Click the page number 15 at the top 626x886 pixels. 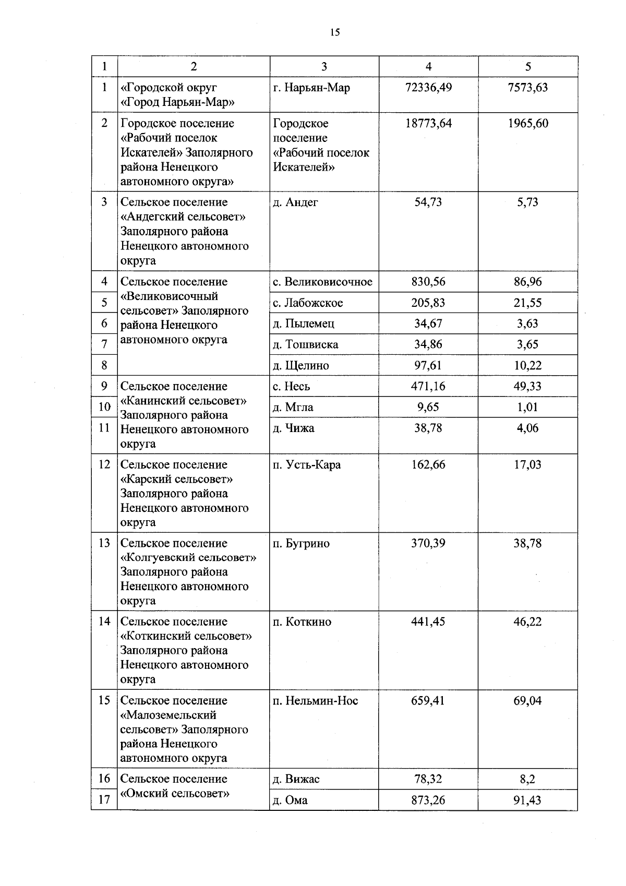click(x=335, y=32)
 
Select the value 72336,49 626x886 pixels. click(x=428, y=87)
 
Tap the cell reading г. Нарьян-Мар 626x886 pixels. click(x=311, y=87)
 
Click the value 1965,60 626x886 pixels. click(x=528, y=124)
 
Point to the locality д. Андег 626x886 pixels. click(x=295, y=202)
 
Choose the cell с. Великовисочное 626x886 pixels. click(x=322, y=282)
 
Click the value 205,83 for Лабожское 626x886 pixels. click(x=428, y=303)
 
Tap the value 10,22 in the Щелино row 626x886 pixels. click(x=528, y=365)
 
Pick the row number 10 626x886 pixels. click(x=104, y=407)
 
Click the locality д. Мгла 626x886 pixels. click(x=293, y=407)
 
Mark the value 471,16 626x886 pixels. click(x=428, y=386)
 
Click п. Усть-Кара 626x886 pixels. click(x=307, y=464)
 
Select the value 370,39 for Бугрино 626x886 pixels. click(x=428, y=543)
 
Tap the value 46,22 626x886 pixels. click(x=528, y=621)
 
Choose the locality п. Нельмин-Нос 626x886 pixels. click(x=315, y=700)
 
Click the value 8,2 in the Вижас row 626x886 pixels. click(x=528, y=779)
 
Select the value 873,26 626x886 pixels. click(x=428, y=800)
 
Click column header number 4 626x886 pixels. click(x=428, y=66)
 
